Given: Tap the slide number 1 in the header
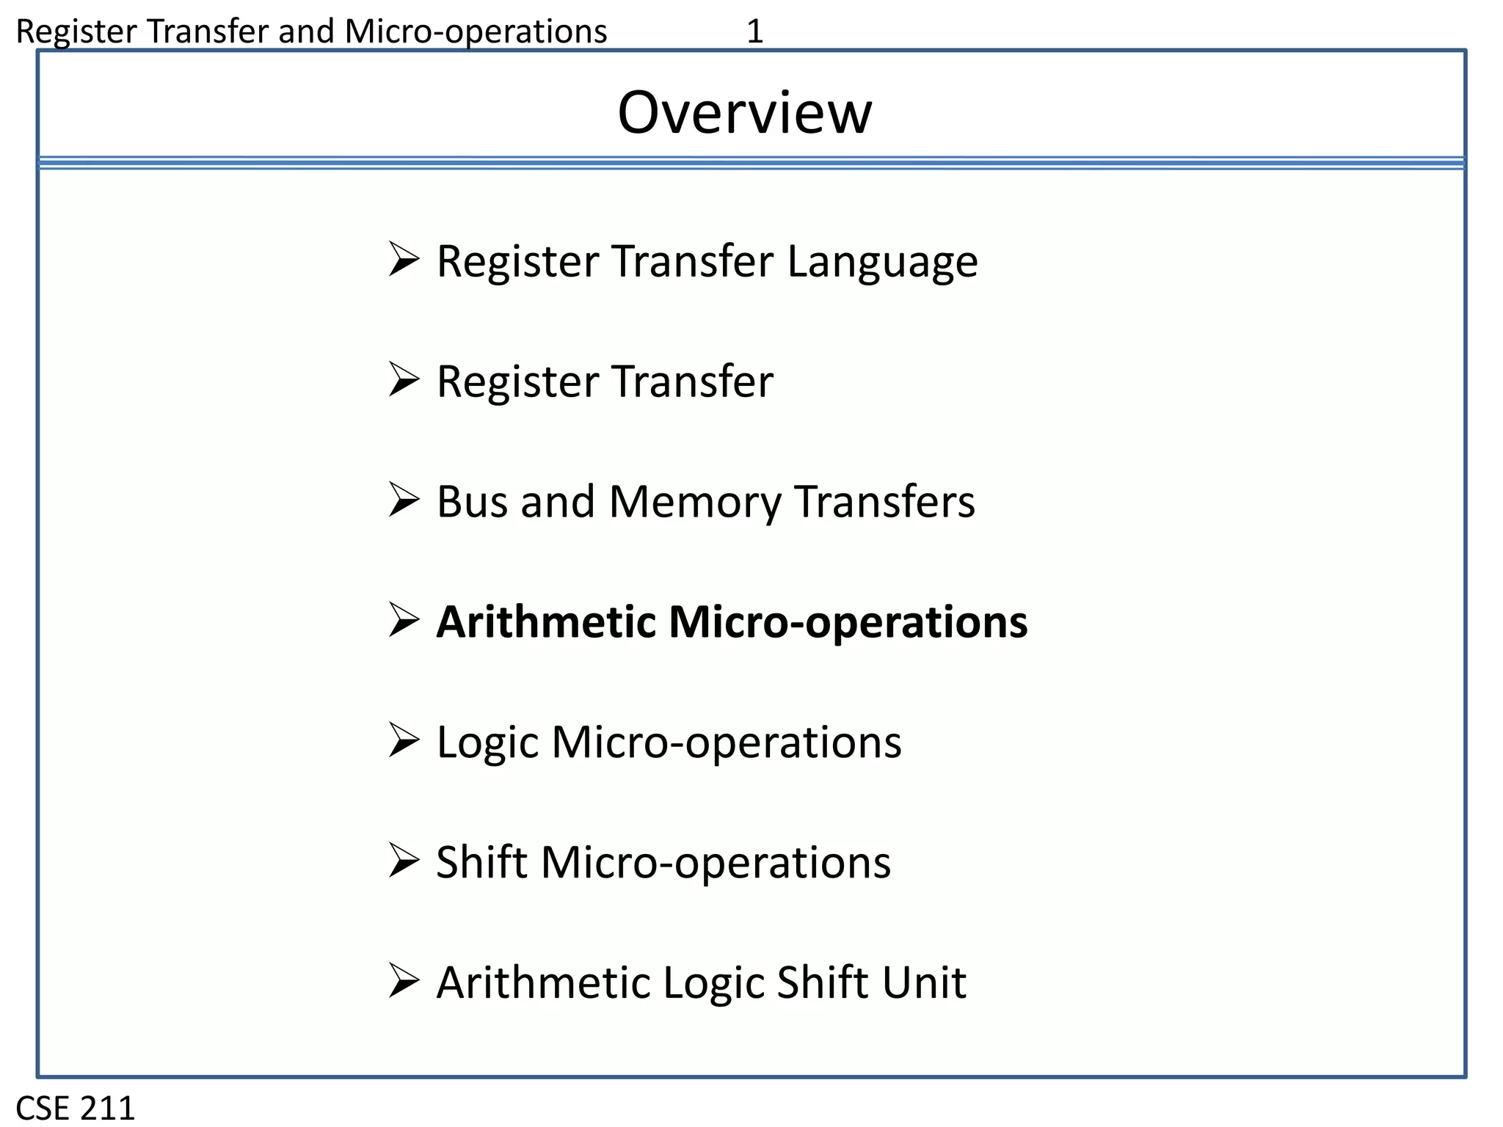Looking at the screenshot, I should tap(754, 32).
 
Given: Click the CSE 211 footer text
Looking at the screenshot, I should tap(76, 1107).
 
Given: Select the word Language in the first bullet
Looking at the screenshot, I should tap(882, 262).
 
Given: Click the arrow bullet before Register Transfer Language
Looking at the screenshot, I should tap(403, 260).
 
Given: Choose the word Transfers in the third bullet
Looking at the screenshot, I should tap(884, 502).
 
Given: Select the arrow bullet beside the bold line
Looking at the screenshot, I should tap(403, 620).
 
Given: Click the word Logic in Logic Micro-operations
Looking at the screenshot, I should tap(487, 743).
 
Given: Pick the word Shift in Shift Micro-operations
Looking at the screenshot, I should tap(481, 862).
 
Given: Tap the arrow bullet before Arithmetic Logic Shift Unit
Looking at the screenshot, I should tap(403, 981).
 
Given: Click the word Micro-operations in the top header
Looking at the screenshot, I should tap(476, 32).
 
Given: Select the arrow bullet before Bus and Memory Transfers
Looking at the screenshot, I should tap(403, 500).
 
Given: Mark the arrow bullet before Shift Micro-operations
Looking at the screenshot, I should tap(403, 861).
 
